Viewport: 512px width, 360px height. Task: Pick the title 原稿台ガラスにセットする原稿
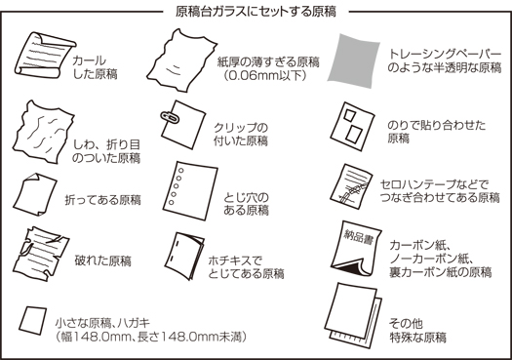(x=256, y=11)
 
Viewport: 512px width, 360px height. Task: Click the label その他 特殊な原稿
(x=416, y=330)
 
